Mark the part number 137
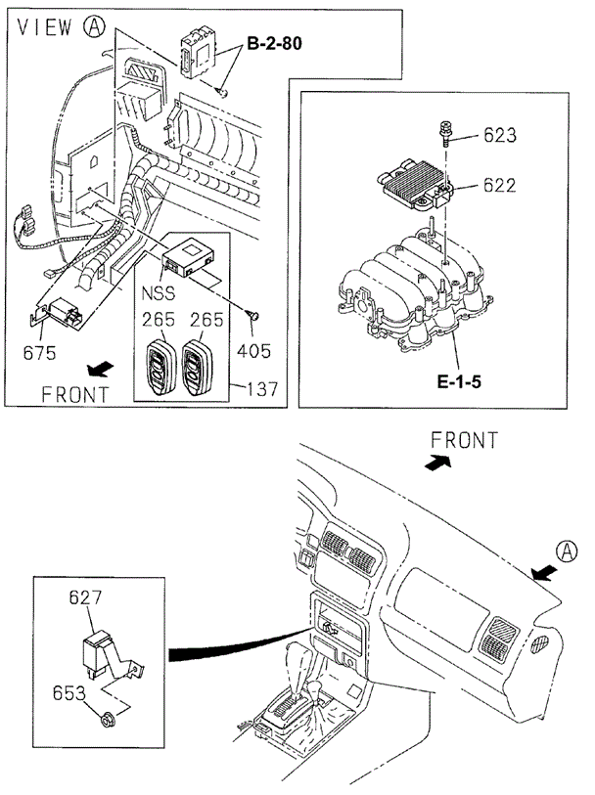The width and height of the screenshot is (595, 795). pyautogui.click(x=261, y=388)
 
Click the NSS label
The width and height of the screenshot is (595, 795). pyautogui.click(x=160, y=290)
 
